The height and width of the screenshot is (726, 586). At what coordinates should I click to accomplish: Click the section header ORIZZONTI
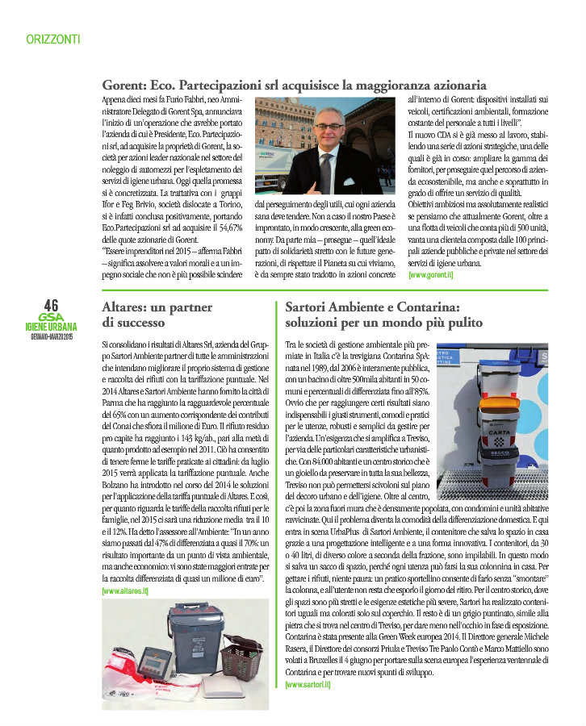point(52,38)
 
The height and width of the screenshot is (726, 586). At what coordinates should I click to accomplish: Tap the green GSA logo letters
point(50,317)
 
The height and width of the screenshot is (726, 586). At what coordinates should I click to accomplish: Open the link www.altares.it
point(125,591)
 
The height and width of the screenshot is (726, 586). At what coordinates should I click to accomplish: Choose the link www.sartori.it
point(308,684)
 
